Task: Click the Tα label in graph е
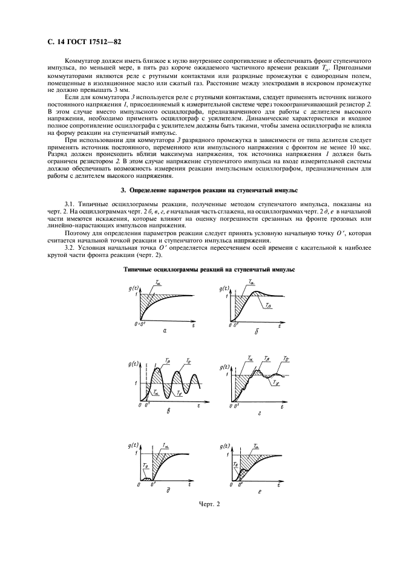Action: point(256,446)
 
